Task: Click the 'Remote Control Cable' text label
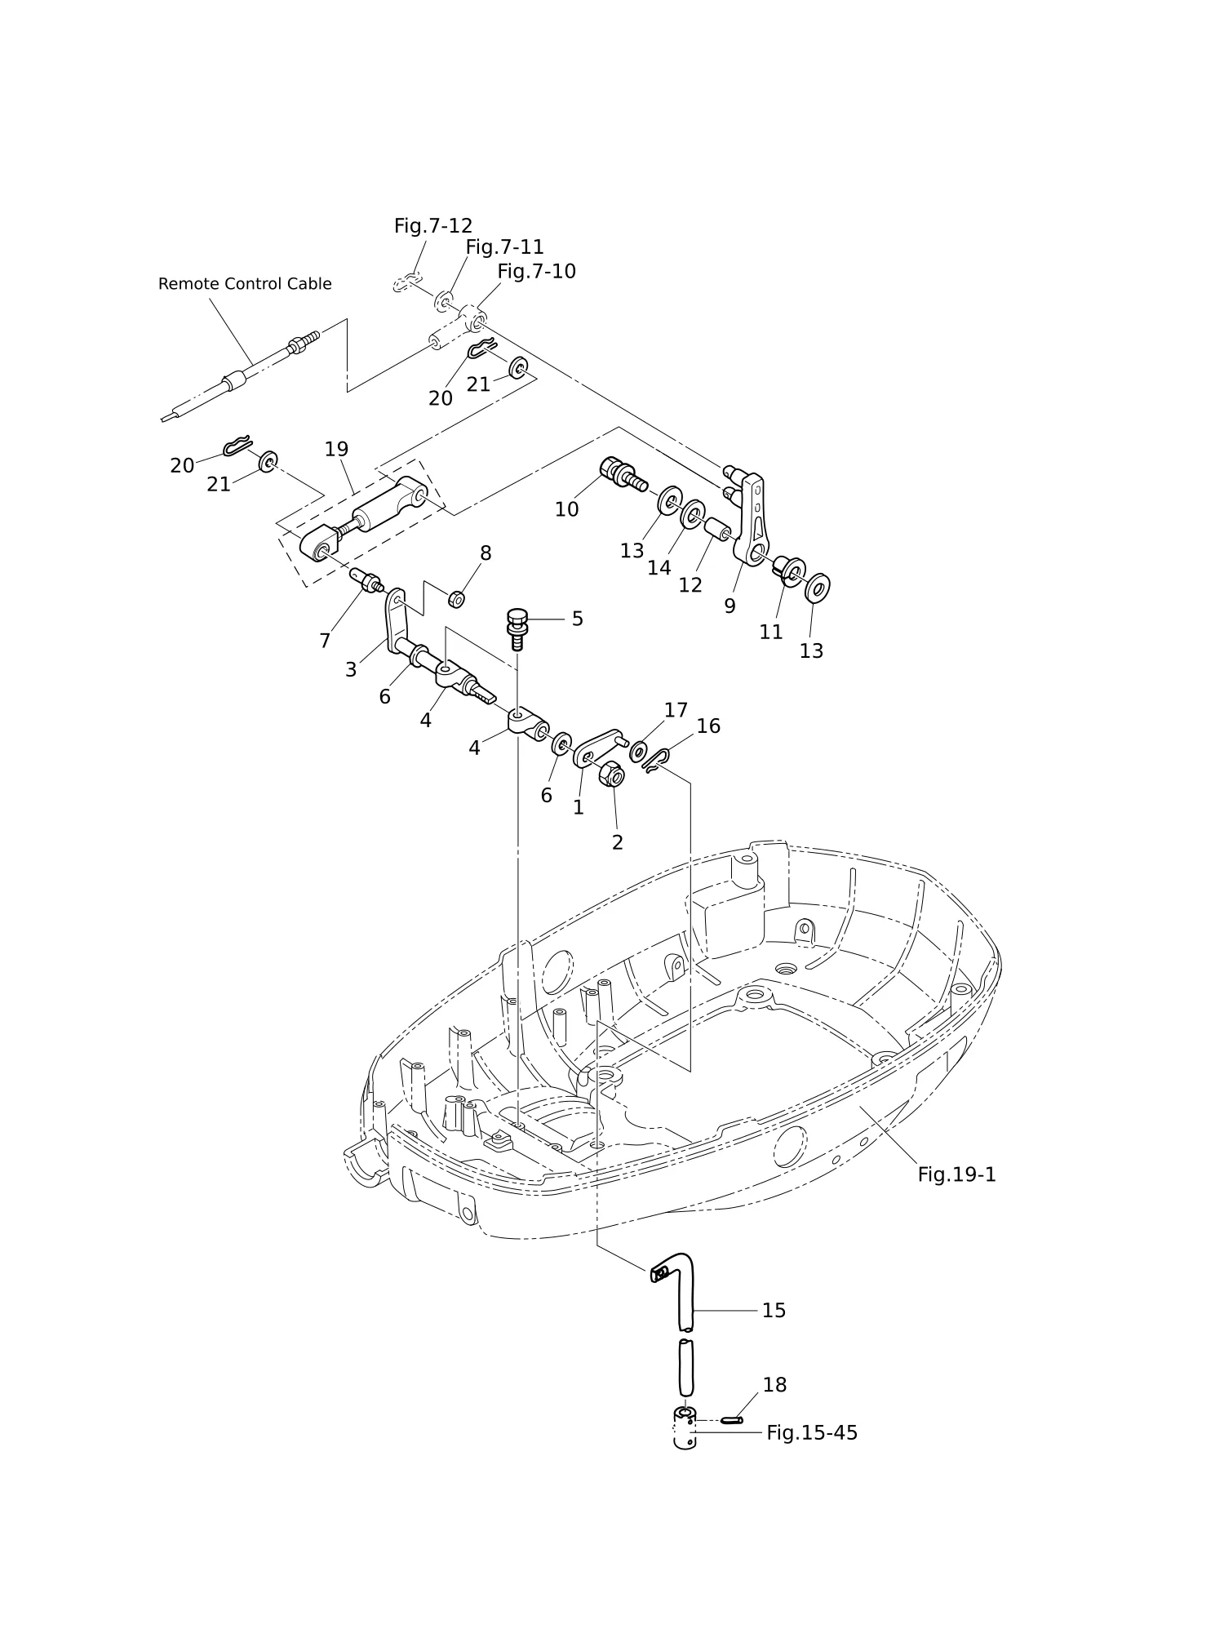click(245, 284)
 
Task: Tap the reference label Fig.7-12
click(433, 226)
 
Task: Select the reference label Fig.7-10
click(537, 272)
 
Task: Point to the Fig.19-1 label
click(957, 1174)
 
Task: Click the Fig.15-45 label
click(812, 1433)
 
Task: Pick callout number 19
click(336, 449)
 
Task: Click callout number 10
click(566, 509)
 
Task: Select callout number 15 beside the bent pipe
click(774, 1310)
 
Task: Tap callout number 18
click(774, 1385)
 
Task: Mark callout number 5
click(577, 619)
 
